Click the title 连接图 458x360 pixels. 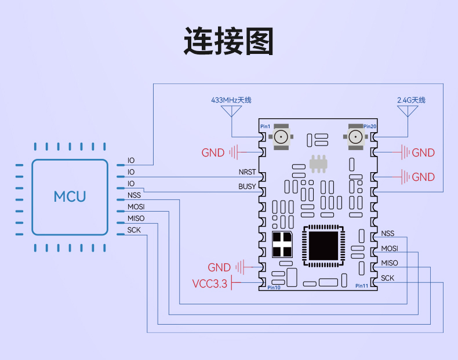pos(228,41)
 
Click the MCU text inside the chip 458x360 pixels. pos(70,197)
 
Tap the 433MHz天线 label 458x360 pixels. pos(231,100)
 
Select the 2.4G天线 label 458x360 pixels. pos(411,100)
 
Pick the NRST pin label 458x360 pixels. pos(247,172)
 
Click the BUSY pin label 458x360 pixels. pos(247,186)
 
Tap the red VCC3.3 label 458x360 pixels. pos(209,283)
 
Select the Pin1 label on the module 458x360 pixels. pos(265,126)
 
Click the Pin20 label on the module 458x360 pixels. pos(370,126)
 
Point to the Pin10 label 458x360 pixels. pos(274,288)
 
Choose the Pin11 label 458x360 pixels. pos(362,286)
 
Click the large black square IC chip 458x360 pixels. pos(323,246)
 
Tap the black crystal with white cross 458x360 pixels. pos(282,245)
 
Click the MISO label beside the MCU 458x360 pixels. pos(136,219)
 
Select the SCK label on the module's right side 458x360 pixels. pos(388,278)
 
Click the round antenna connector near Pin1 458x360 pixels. pos(281,137)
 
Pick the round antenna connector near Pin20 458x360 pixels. pos(355,137)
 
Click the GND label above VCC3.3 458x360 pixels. pos(219,267)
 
